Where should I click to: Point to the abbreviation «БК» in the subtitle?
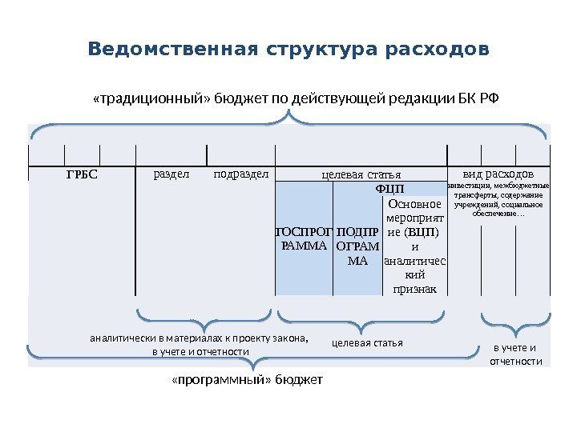[x=463, y=99]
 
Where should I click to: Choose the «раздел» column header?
[x=171, y=173]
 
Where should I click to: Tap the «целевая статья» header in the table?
[x=360, y=174]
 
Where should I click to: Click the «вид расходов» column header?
[x=498, y=174]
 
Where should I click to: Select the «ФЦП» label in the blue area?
[x=390, y=188]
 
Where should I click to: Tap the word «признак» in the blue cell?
[x=415, y=289]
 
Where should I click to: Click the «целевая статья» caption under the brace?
[x=366, y=343]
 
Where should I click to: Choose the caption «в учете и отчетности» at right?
[x=515, y=354]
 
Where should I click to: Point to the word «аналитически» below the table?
[x=119, y=338]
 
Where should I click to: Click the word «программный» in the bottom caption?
[x=212, y=379]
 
